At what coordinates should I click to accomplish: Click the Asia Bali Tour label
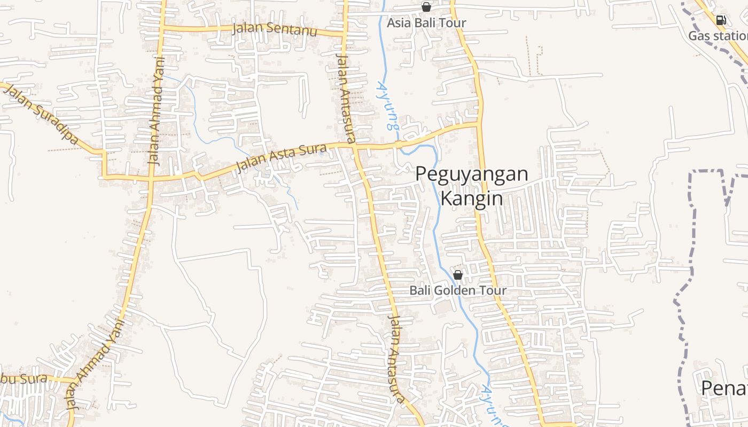(x=426, y=23)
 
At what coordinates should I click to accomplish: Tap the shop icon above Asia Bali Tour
(x=426, y=7)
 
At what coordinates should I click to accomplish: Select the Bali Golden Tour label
(x=458, y=291)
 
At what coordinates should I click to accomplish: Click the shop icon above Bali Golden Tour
(x=458, y=275)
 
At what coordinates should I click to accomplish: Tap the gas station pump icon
(x=721, y=20)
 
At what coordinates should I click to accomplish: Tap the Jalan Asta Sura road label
(x=281, y=159)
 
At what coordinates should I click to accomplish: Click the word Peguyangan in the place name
(x=472, y=174)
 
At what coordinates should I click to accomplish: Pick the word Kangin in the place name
(x=472, y=199)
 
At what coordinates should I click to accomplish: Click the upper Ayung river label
(x=388, y=105)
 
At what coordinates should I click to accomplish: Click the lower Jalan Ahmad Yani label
(x=93, y=363)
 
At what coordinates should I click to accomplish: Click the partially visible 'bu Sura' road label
(x=24, y=379)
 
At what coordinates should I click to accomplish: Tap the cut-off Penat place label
(x=724, y=388)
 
